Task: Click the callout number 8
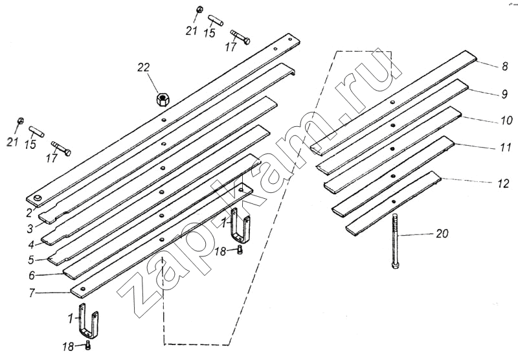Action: pos(504,65)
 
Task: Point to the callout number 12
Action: pos(503,183)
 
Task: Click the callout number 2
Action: pos(28,211)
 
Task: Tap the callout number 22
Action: pos(143,67)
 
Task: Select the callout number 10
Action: pos(504,120)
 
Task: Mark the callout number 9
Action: pos(504,95)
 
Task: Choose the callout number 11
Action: pos(505,148)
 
